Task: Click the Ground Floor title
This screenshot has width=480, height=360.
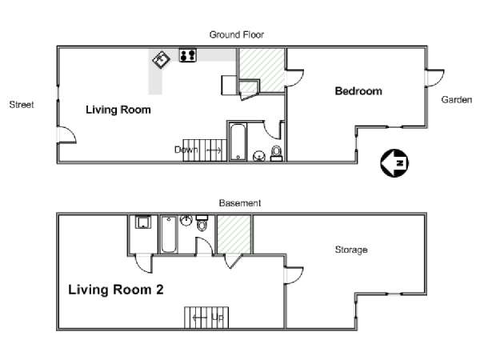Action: pos(236,34)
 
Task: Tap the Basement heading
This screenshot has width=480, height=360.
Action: pos(240,203)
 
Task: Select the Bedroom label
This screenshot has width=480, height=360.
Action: pos(358,91)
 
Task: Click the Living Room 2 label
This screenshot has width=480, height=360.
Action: pos(116,290)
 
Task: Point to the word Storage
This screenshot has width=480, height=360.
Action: pos(351,250)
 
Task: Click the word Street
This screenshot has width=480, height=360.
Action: pos(22,105)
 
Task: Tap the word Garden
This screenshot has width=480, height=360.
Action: pos(457,99)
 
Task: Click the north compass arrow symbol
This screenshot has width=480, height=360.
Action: pos(394,163)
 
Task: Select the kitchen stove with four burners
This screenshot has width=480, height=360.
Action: pos(188,55)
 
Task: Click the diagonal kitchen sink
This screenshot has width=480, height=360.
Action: pos(162,60)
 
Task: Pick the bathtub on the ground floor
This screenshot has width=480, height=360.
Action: pos(238,142)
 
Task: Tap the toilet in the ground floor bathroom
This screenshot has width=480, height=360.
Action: pos(276,154)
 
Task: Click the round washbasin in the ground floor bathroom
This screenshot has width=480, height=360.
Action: pos(259,156)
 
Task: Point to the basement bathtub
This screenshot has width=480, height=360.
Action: pos(168,234)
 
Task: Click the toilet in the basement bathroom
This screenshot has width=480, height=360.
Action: pos(202,223)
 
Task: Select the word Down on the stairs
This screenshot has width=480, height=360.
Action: pos(186,150)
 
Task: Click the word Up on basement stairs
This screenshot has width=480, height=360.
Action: pos(218,317)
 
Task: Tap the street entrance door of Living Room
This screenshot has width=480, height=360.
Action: pos(66,134)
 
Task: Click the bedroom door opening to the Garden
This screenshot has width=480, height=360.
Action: pos(434,78)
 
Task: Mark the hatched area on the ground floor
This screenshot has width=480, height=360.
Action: pos(262,70)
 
